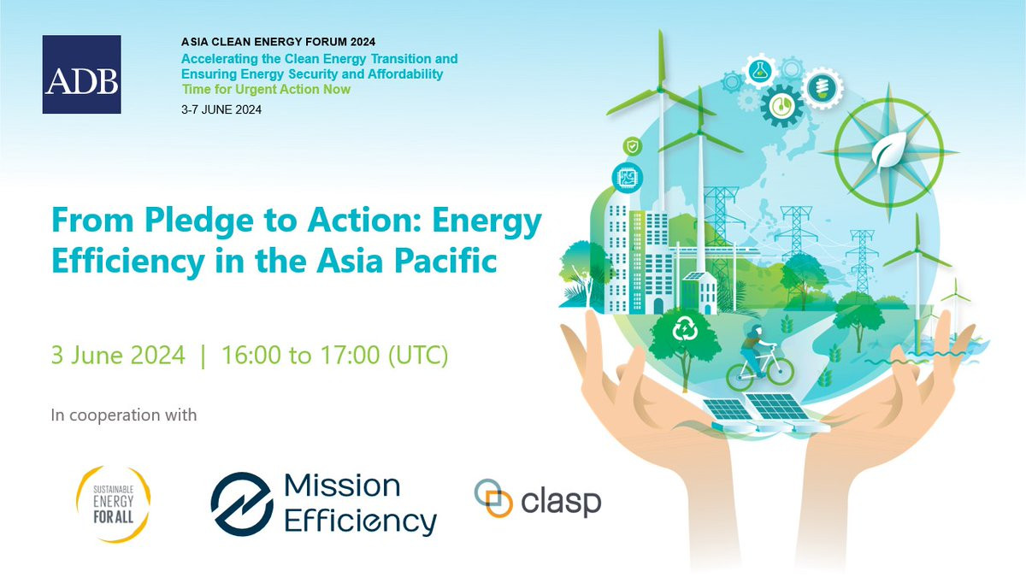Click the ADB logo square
pyautogui.click(x=81, y=74)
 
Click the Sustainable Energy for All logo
pyautogui.click(x=113, y=504)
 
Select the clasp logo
pyautogui.click(x=538, y=499)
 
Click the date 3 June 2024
pyautogui.click(x=118, y=355)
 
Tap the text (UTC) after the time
pyautogui.click(x=418, y=356)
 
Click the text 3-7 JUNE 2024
pyautogui.click(x=221, y=110)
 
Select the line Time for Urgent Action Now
pyautogui.click(x=266, y=89)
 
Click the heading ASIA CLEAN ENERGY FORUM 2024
pyautogui.click(x=278, y=42)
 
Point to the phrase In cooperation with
pyautogui.click(x=124, y=415)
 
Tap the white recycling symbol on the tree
pyautogui.click(x=685, y=329)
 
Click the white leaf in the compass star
pyautogui.click(x=888, y=150)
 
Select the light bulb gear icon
pyautogui.click(x=823, y=87)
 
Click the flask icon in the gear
pyautogui.click(x=760, y=71)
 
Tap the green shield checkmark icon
pyautogui.click(x=632, y=146)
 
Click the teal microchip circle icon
pyautogui.click(x=627, y=177)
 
